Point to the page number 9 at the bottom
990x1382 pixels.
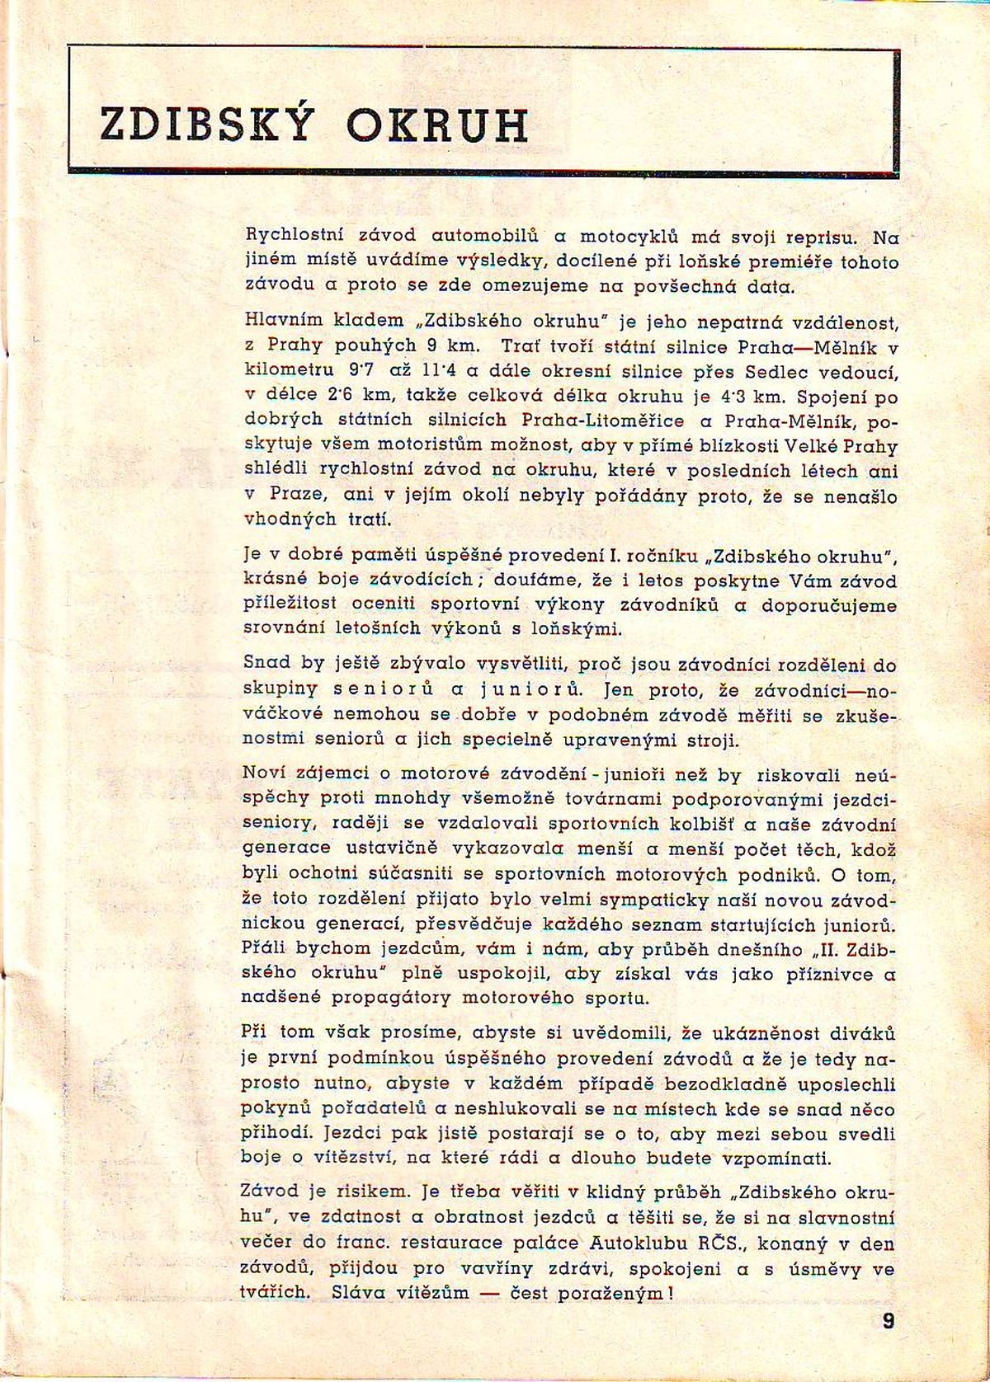pos(888,1322)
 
